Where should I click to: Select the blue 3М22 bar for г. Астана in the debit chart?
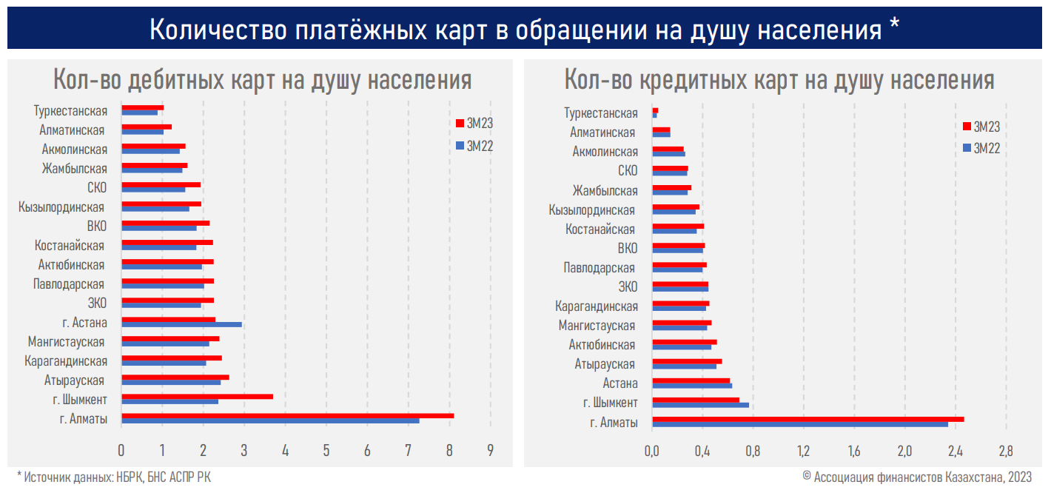(x=181, y=324)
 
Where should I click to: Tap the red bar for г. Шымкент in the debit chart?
(x=197, y=397)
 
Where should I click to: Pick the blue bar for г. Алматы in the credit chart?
(x=799, y=424)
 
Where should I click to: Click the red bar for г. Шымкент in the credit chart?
(x=695, y=400)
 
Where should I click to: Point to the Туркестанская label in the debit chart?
(x=70, y=111)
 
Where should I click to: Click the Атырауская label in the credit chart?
(x=605, y=364)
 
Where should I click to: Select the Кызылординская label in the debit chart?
(x=61, y=207)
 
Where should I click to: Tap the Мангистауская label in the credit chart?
(x=597, y=326)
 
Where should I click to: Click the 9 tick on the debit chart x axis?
(x=490, y=449)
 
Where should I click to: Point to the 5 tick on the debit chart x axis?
(x=326, y=449)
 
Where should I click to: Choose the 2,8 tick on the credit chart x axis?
(x=1005, y=449)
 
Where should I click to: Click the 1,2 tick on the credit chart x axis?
(x=803, y=449)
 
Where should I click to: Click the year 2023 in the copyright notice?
(x=1019, y=477)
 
